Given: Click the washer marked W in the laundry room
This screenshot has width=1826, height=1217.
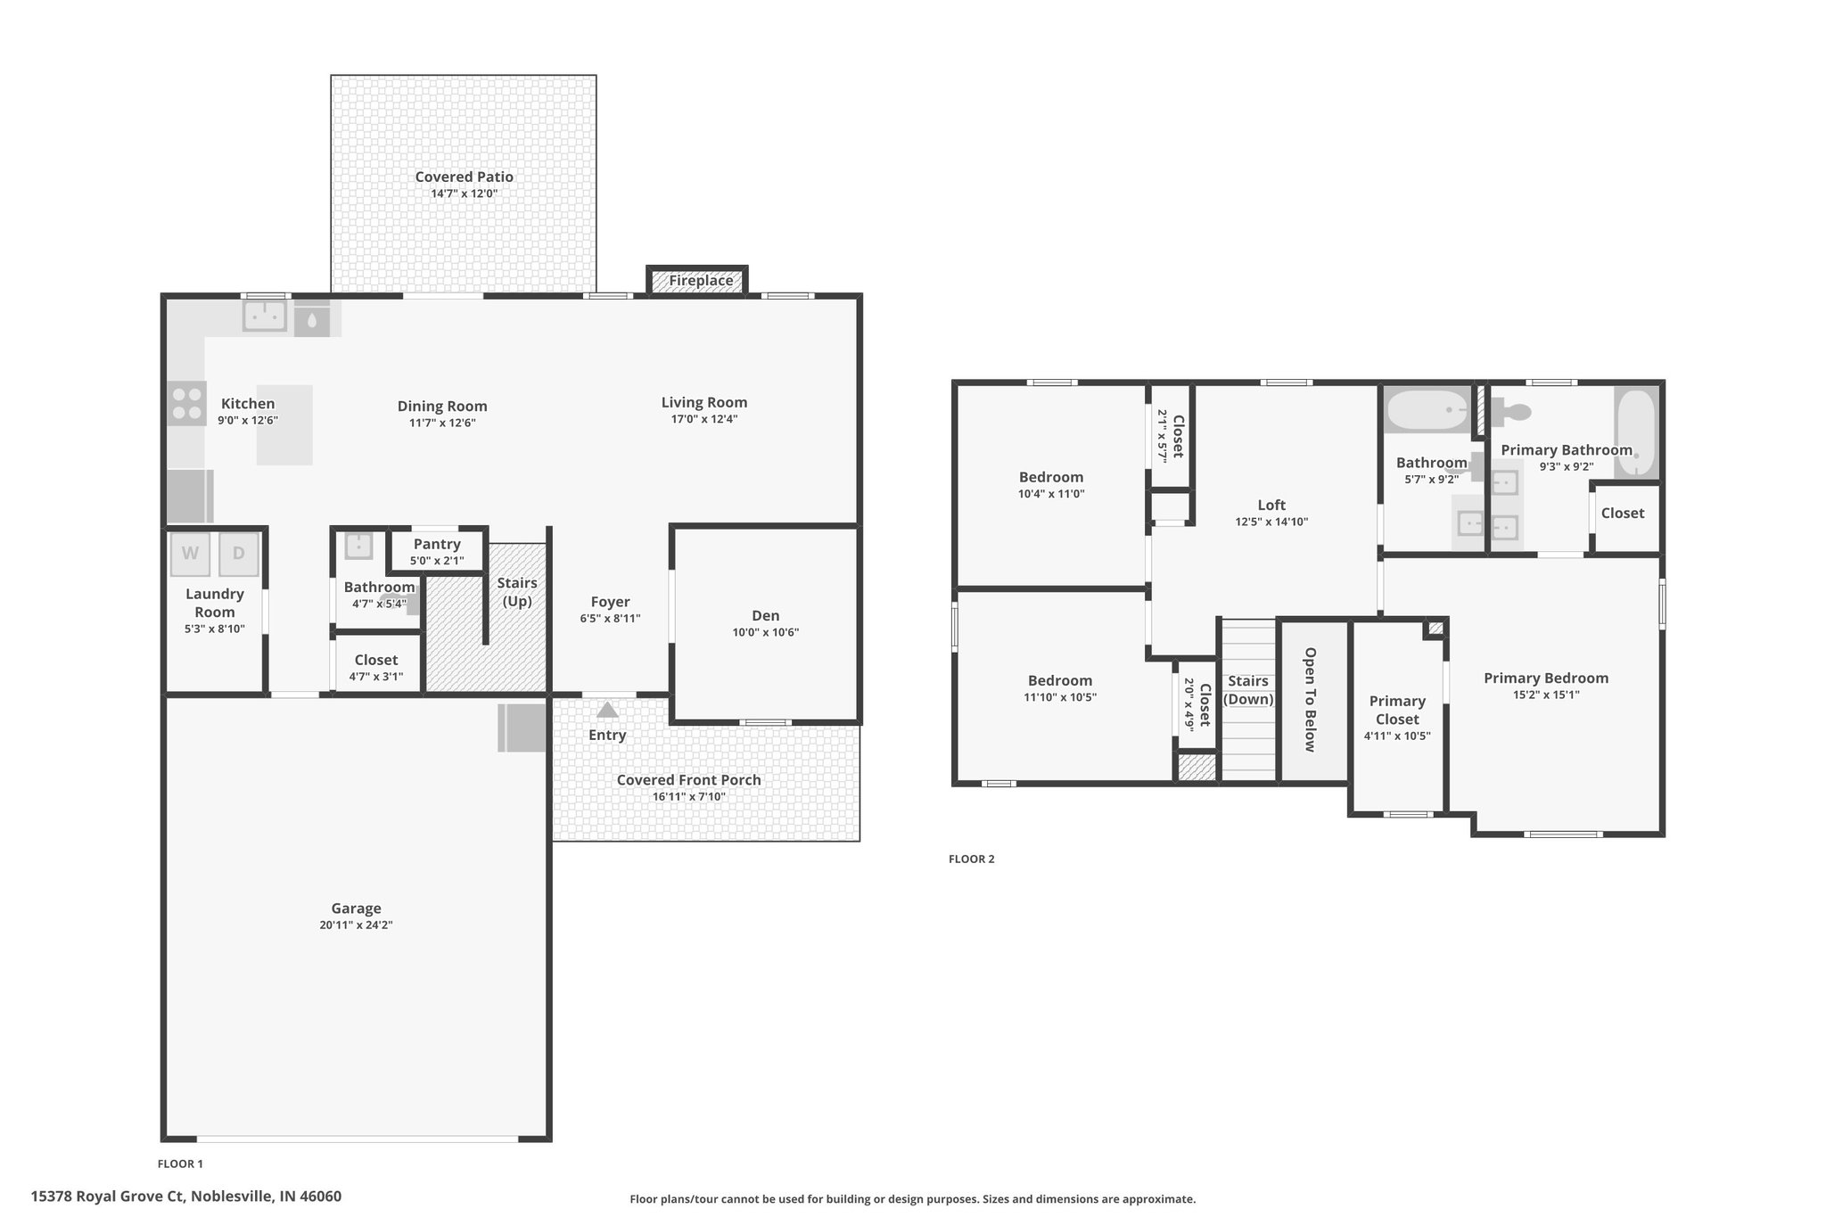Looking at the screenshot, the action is click(x=190, y=554).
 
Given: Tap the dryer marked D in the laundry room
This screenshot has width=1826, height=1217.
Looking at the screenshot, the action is click(x=239, y=554).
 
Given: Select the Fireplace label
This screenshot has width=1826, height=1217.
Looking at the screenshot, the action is click(x=702, y=281).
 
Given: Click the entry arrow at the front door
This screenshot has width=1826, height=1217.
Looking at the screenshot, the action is click(x=607, y=710).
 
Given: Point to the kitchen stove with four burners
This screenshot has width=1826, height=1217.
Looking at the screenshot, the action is click(x=186, y=403).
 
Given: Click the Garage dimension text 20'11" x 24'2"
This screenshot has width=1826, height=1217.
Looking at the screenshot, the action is click(x=356, y=925).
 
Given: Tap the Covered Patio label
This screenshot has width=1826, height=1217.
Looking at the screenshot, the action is click(x=464, y=177).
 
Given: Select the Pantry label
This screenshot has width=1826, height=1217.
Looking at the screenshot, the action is click(x=437, y=544).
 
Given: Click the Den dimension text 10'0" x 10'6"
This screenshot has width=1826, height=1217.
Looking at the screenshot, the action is click(x=765, y=633).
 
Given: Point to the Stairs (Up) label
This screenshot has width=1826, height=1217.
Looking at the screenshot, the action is click(x=517, y=592).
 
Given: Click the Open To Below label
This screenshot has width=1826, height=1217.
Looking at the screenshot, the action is click(x=1310, y=700).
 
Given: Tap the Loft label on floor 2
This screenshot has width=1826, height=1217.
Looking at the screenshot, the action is click(x=1271, y=505).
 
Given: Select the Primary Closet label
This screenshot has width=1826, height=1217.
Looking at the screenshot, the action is click(x=1397, y=710).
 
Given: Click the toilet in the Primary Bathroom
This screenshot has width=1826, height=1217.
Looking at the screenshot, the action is click(x=1510, y=412).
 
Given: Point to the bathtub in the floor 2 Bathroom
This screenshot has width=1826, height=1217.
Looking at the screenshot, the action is click(x=1427, y=410).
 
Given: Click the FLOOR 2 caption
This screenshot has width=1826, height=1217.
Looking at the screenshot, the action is click(x=971, y=859).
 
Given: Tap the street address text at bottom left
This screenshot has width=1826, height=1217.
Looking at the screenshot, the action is click(x=186, y=1196).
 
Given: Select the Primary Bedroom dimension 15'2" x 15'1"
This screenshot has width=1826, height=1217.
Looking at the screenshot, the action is click(x=1545, y=695).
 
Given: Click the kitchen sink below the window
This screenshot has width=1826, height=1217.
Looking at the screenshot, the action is click(x=265, y=315).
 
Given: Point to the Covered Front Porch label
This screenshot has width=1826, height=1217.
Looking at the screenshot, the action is click(x=689, y=780).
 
